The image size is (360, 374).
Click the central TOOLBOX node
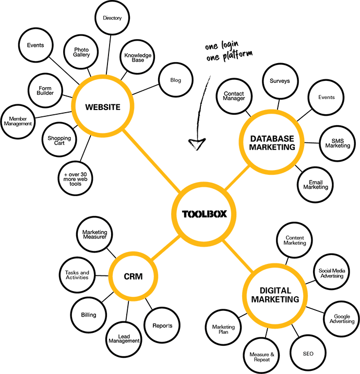204,214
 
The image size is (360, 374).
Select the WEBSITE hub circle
103,106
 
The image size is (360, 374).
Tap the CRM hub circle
133,276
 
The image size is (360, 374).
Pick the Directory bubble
112,18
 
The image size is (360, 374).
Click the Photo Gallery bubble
81,52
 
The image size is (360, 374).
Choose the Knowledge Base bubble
137,57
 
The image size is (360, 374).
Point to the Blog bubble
176,80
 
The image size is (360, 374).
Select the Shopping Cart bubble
59,140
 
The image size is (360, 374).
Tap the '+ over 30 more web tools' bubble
75,178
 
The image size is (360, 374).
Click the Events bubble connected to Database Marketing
326,98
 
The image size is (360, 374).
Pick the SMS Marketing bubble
338,143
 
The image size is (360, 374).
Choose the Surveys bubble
280,81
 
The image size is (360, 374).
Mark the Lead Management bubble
124,339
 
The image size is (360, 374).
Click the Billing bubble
89,315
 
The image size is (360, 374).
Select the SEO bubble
308,354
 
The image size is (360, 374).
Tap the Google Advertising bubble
342,319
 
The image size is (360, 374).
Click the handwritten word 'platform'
237,55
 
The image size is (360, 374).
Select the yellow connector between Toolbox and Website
152,161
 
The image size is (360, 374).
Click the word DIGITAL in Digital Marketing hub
275,291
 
